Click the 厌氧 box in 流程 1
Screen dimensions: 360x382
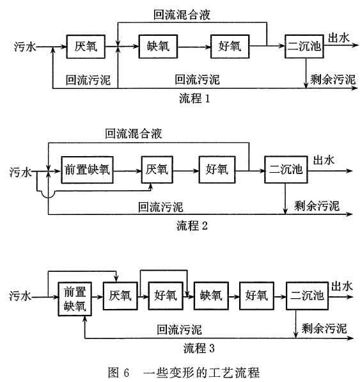click(86, 47)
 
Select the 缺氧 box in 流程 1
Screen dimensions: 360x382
click(158, 47)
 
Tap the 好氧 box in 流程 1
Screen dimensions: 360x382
click(230, 47)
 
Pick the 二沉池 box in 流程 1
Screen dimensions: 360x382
click(304, 47)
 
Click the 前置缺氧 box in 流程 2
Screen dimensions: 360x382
click(87, 170)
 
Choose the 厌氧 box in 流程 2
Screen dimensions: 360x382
click(157, 170)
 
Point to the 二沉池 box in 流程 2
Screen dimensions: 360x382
click(286, 170)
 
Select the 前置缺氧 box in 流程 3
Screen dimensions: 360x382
click(75, 299)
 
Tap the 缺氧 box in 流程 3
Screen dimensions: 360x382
click(211, 296)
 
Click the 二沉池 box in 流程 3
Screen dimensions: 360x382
click(307, 296)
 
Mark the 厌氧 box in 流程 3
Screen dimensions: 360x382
click(120, 296)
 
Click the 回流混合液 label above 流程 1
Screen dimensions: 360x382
click(182, 15)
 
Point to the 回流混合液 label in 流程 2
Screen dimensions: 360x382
click(134, 134)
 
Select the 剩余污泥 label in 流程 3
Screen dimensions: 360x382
click(324, 329)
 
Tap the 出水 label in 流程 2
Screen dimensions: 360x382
click(324, 161)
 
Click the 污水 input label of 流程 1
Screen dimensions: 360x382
click(25, 47)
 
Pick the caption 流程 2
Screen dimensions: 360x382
click(192, 226)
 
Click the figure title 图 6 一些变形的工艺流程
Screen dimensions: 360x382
click(184, 373)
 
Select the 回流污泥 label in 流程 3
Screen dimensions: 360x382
click(179, 330)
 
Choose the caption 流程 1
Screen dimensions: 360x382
click(194, 99)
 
